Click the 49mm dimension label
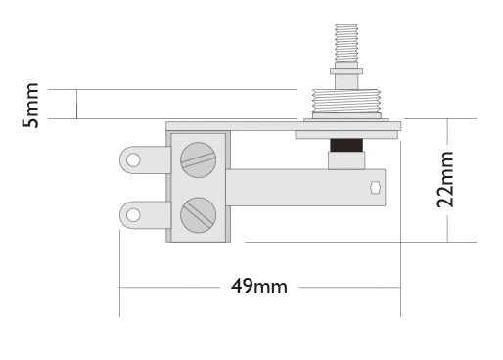[x=259, y=287]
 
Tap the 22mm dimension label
[x=445, y=180]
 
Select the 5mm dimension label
[x=30, y=106]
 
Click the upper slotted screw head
[x=198, y=159]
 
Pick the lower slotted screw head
[x=198, y=215]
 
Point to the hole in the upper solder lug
[x=133, y=160]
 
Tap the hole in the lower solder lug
[x=133, y=215]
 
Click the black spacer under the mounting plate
[x=346, y=145]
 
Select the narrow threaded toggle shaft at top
[x=346, y=43]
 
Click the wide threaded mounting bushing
[x=346, y=101]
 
